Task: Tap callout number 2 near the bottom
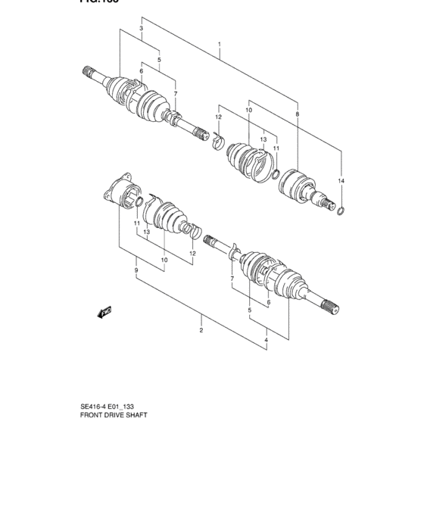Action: coord(201,330)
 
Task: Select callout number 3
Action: coord(141,29)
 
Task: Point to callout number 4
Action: coord(266,341)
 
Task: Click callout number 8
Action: coord(297,114)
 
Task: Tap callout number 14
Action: coord(341,182)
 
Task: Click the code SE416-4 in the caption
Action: coord(95,406)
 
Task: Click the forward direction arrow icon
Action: coord(104,310)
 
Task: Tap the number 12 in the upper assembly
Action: coord(217,117)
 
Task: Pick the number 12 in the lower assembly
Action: coord(193,253)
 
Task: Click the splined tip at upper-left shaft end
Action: coord(89,73)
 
